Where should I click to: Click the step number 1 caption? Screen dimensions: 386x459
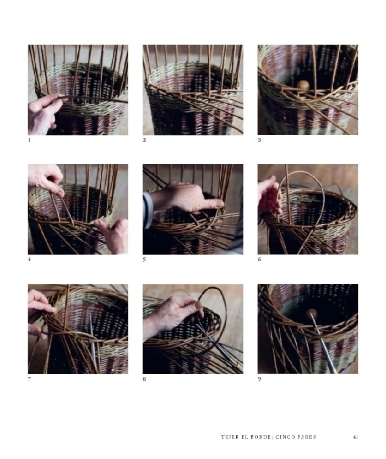coord(29,140)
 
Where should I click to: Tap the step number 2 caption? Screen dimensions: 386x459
coord(144,140)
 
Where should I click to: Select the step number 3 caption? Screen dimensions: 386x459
coord(259,140)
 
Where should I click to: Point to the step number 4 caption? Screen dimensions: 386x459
coord(29,260)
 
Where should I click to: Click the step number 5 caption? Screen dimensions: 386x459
coord(144,260)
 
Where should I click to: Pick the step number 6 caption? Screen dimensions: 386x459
coord(259,260)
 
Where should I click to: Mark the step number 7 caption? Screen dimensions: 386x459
coord(29,379)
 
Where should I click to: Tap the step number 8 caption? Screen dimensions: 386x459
coord(144,379)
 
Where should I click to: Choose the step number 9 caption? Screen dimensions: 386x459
coord(259,379)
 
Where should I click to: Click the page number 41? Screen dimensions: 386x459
coord(356,437)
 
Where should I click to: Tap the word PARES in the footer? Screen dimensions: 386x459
coord(307,437)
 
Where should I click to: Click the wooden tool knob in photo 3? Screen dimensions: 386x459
coord(303,85)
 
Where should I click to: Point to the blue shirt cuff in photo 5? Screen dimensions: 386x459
coord(148,210)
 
